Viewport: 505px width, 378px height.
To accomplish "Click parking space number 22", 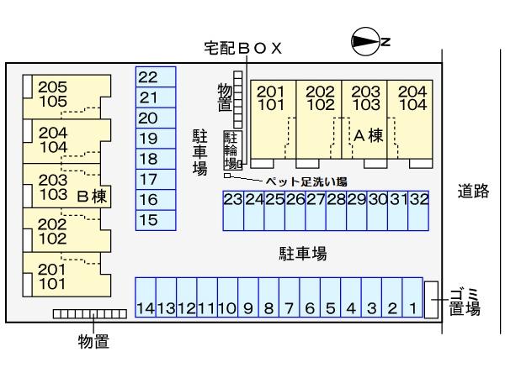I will tap(156, 77).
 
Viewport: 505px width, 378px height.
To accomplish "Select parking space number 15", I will tap(156, 220).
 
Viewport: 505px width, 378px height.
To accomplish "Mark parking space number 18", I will tap(156, 159).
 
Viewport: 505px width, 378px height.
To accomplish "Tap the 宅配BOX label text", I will tap(242, 49).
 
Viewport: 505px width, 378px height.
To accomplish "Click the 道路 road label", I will tap(473, 192).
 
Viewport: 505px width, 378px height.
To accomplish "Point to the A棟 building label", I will tap(368, 135).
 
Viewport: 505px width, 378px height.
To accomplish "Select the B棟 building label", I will tap(91, 197).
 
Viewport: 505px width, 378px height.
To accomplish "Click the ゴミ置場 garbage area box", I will tap(431, 300).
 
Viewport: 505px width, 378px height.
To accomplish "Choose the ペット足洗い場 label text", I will tap(306, 181).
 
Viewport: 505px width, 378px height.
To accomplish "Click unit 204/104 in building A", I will tap(411, 99).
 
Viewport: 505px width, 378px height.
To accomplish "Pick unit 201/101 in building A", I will tap(271, 99).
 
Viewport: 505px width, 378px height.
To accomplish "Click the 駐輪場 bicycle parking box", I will tap(231, 150).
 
